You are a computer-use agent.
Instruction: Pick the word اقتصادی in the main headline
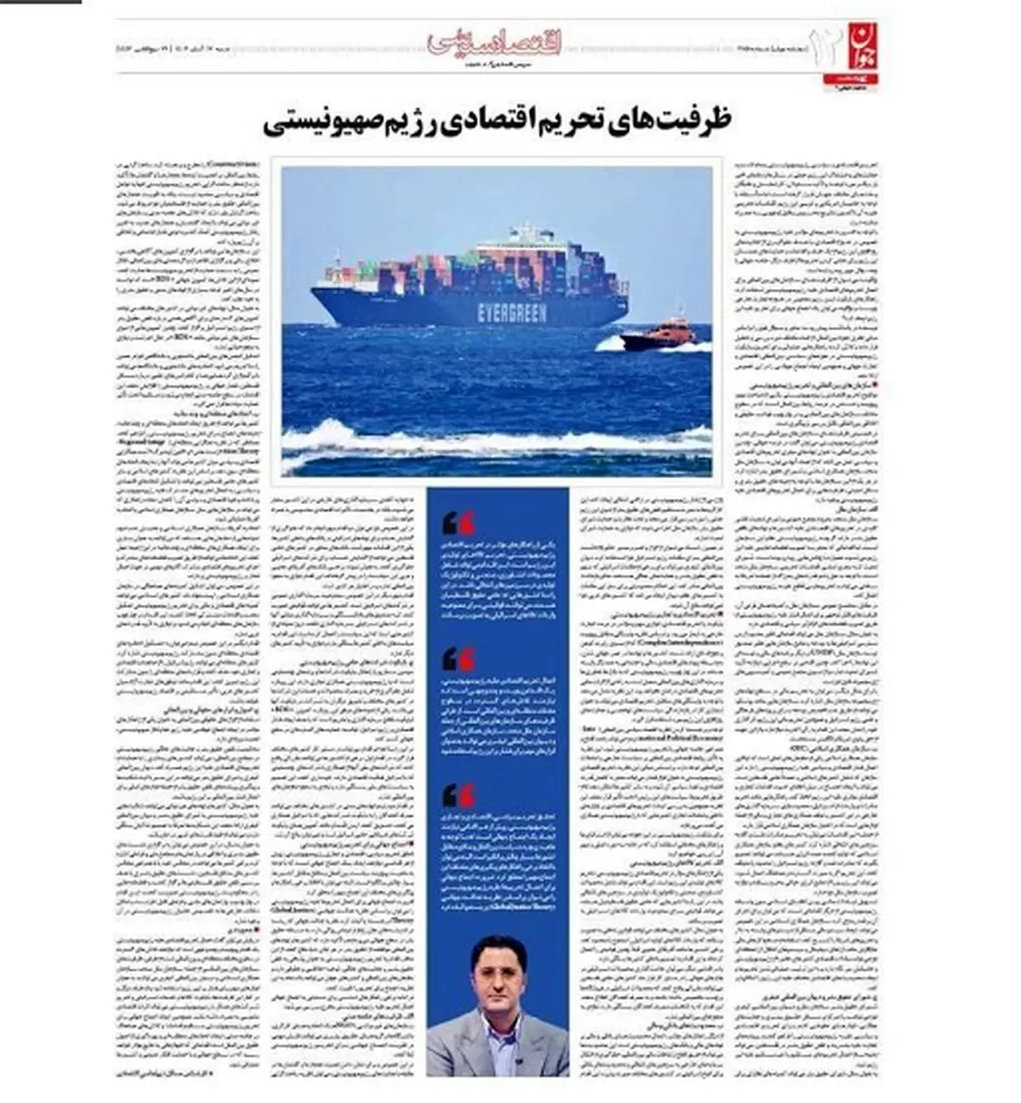(492, 121)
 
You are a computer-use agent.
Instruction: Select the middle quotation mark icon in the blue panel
(459, 659)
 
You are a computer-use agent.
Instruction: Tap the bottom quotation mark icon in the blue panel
(459, 795)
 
